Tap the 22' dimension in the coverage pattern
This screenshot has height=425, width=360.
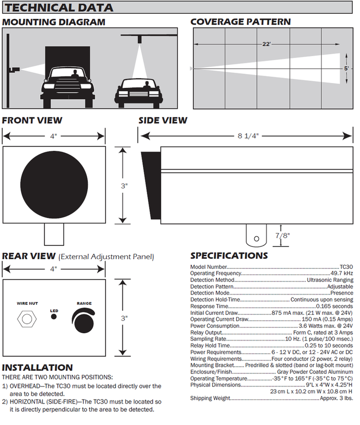pos(266,44)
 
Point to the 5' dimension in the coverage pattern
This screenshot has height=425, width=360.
pos(346,68)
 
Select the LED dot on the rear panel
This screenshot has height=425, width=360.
pos(54,317)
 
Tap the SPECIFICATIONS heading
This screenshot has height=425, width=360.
pos(229,256)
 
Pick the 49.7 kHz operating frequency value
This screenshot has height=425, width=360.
pos(341,274)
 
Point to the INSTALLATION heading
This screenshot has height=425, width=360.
pos(38,367)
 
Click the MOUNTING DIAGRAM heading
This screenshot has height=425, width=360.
pos(54,22)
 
